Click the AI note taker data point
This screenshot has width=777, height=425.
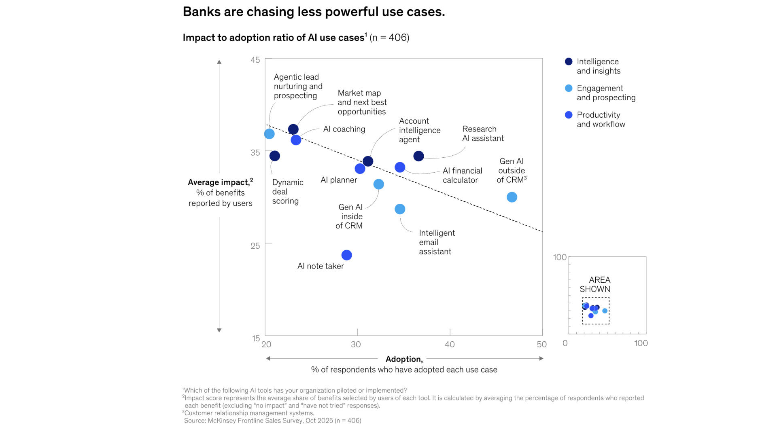(x=346, y=255)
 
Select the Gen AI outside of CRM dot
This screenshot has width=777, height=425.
(x=512, y=197)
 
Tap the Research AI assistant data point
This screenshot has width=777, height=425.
(x=418, y=156)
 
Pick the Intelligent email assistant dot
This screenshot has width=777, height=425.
(x=400, y=209)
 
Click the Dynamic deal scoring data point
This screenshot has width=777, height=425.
(x=275, y=156)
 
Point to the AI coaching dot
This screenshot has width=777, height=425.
(x=296, y=140)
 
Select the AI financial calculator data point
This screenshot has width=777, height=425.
(x=400, y=167)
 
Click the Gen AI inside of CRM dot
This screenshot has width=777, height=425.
(x=378, y=184)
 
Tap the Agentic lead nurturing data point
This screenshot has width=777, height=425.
(x=270, y=134)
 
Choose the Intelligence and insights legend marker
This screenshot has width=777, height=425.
(x=569, y=61)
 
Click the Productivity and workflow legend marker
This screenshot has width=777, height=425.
(x=569, y=115)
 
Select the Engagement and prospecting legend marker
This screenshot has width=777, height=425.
(x=569, y=88)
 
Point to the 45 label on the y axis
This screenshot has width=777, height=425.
(x=255, y=60)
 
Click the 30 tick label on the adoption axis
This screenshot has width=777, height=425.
(x=356, y=345)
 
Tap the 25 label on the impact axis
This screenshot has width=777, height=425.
(x=255, y=246)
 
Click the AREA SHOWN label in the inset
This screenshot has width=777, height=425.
(x=595, y=284)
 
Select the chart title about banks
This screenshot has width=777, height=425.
(x=314, y=12)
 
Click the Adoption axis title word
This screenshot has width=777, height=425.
(x=404, y=359)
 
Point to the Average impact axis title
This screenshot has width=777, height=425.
(x=220, y=182)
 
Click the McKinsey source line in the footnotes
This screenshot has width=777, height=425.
(x=272, y=421)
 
